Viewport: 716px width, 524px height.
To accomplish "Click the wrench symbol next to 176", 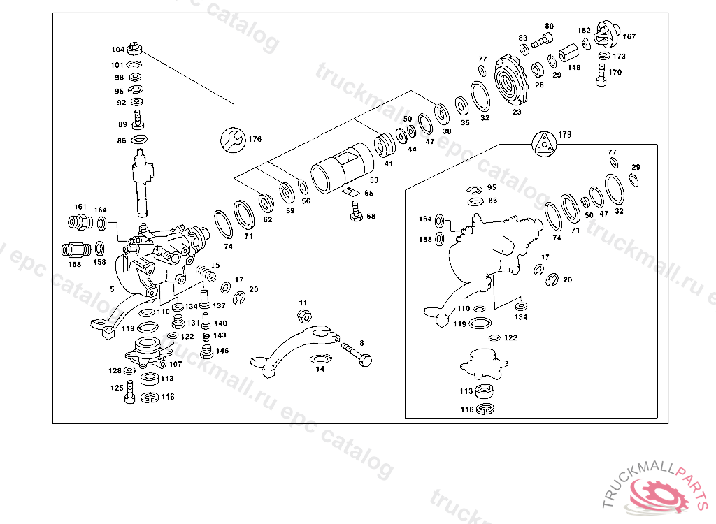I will (234, 140).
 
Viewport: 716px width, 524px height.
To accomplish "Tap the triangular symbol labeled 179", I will (543, 143).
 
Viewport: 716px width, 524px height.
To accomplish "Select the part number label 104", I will (117, 50).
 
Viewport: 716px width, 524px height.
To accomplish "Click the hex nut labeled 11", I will (303, 315).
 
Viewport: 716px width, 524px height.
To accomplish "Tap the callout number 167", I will (629, 36).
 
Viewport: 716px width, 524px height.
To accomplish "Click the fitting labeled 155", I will (73, 249).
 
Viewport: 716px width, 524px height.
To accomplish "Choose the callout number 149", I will (573, 68).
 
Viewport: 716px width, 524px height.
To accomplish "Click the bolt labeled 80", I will (538, 42).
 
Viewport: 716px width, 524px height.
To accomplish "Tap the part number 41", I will (389, 164).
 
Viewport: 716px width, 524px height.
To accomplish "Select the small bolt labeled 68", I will (356, 211).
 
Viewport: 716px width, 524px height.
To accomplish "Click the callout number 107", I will (175, 364).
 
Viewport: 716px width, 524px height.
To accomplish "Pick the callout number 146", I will (222, 351).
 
